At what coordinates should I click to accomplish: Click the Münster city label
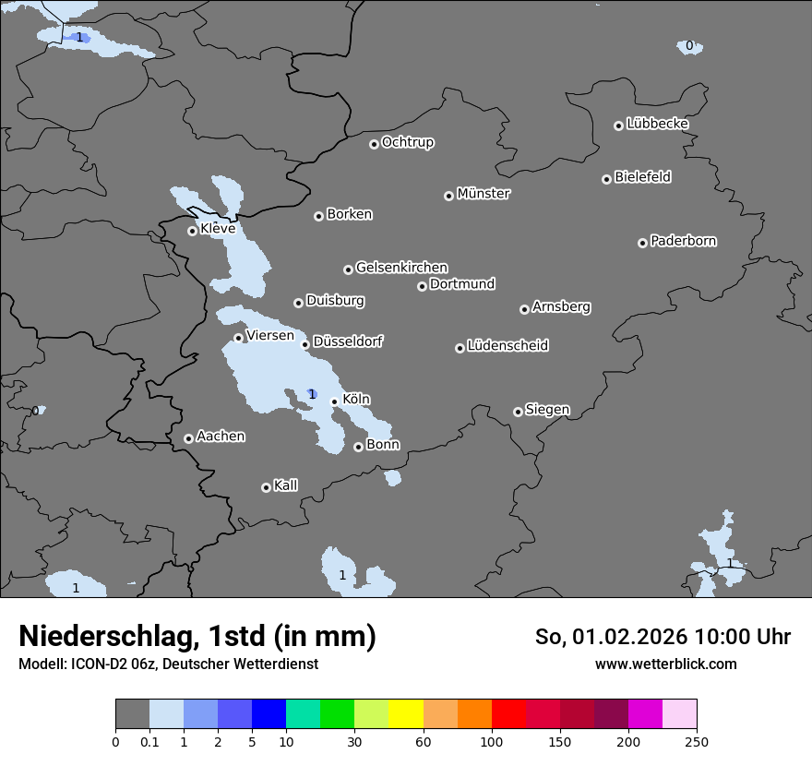click(x=484, y=194)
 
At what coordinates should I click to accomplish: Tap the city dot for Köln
click(x=334, y=401)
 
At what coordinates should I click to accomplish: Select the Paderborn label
click(x=684, y=241)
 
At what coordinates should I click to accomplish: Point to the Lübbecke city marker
click(x=618, y=126)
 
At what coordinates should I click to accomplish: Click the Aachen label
click(x=221, y=437)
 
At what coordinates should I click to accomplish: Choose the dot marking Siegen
click(x=518, y=412)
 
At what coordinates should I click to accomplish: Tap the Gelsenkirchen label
click(x=401, y=268)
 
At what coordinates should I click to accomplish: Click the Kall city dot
click(x=266, y=487)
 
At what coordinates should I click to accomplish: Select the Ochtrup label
click(x=408, y=142)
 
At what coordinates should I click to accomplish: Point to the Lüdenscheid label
click(x=507, y=346)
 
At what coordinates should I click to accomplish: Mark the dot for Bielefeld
click(x=606, y=179)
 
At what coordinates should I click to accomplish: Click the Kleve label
click(x=218, y=229)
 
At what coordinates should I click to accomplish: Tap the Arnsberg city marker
click(x=524, y=309)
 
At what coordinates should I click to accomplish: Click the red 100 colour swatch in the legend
click(x=508, y=714)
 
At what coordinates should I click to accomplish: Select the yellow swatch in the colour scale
click(x=406, y=714)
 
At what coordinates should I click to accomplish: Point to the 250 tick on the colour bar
click(x=697, y=741)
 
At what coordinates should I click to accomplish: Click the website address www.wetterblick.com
click(x=665, y=664)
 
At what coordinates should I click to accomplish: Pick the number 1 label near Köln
click(x=312, y=395)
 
